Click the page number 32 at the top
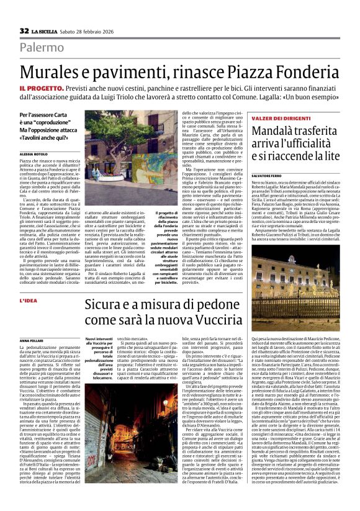tap(24, 31)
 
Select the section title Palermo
tap(41, 48)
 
